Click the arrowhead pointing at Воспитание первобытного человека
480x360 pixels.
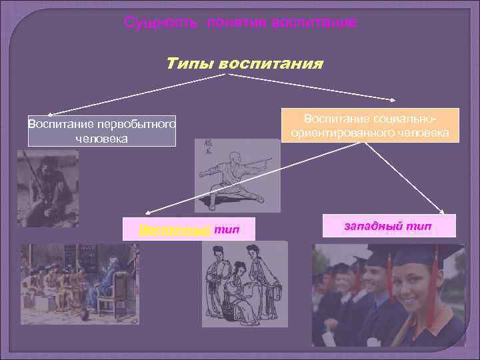pos(50,115)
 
